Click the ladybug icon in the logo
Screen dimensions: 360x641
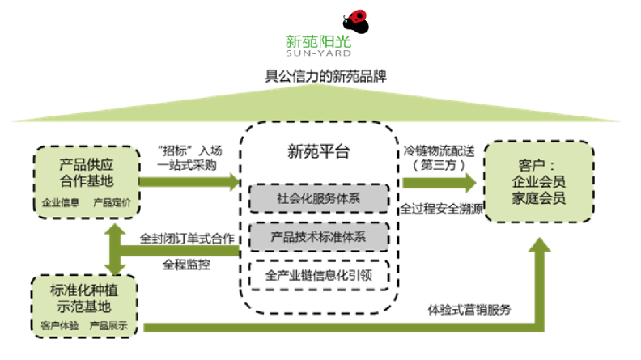click(x=355, y=21)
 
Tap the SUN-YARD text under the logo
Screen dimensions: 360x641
click(x=320, y=53)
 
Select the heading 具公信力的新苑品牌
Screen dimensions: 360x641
click(x=320, y=78)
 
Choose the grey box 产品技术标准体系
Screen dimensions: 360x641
click(x=319, y=237)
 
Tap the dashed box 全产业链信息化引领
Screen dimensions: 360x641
click(x=319, y=276)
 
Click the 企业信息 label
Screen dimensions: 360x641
click(x=61, y=201)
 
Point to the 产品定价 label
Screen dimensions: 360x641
click(x=112, y=201)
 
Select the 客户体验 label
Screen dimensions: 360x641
click(x=57, y=325)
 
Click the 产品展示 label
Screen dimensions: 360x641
click(x=108, y=325)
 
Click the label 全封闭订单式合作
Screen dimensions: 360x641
click(x=187, y=239)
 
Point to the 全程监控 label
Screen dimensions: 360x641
click(x=186, y=264)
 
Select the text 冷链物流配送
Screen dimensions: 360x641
click(x=439, y=150)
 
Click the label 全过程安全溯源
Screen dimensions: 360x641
click(x=439, y=208)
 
